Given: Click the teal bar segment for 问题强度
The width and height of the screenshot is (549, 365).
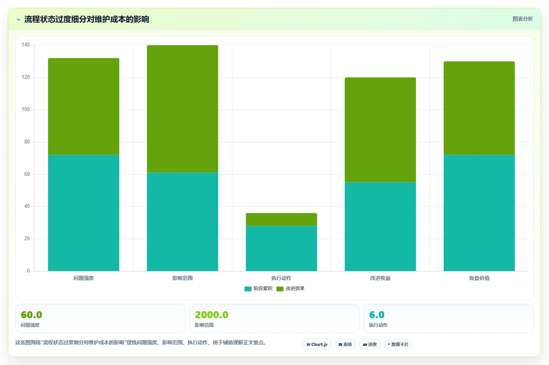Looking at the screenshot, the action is pos(83,213).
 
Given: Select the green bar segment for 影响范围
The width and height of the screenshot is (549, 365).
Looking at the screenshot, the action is pos(182,109).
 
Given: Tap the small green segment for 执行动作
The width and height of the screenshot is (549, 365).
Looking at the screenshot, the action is pos(282,220).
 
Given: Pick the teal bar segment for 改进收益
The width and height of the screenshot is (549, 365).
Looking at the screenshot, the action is pos(381,227).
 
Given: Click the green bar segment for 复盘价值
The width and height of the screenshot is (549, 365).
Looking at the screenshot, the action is pos(479,108).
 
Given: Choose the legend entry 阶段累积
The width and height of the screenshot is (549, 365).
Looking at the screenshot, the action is pos(259,289).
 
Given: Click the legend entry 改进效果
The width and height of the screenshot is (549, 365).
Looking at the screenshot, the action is pos(290,289).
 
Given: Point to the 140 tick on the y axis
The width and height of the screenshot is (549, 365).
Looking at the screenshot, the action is pos(25,44).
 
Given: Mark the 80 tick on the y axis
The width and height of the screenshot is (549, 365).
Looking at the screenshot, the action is pos(27,142).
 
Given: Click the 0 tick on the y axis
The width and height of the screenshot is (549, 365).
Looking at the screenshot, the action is pos(28,271).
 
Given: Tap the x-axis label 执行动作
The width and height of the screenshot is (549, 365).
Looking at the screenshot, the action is pos(282,278).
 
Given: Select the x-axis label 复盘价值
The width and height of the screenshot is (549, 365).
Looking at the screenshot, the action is pos(479,278).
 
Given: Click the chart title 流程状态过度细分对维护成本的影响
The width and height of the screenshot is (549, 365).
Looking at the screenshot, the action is pos(87,19).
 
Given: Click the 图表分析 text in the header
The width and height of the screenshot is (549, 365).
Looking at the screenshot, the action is pos(523,19).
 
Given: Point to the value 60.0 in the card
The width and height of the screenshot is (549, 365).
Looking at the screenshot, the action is pos(31,315).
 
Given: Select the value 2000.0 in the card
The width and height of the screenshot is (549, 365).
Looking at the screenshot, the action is pos(211,315).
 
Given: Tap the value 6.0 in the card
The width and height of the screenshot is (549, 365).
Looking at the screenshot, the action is pos(377,315).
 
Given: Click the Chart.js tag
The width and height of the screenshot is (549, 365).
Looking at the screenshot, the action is pos(317,344).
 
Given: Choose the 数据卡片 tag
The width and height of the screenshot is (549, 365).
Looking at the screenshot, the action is pos(398,344).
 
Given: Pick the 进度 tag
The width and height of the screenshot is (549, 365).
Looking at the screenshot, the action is pos(370,344).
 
